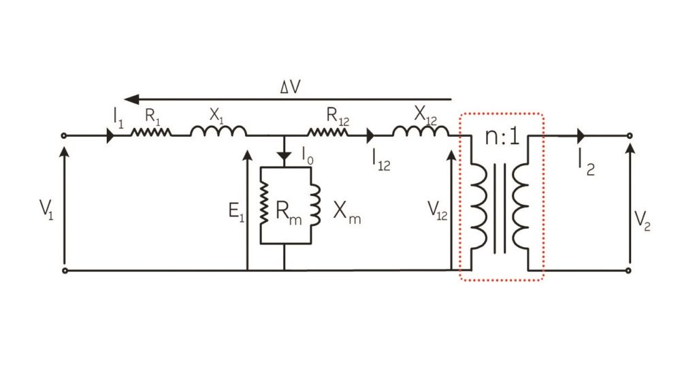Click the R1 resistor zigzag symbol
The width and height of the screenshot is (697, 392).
pyautogui.click(x=151, y=135)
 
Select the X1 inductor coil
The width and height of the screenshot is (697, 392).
pyautogui.click(x=218, y=132)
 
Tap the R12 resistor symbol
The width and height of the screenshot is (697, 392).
pyautogui.click(x=327, y=135)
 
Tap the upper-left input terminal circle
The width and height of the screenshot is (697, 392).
pyautogui.click(x=65, y=135)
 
